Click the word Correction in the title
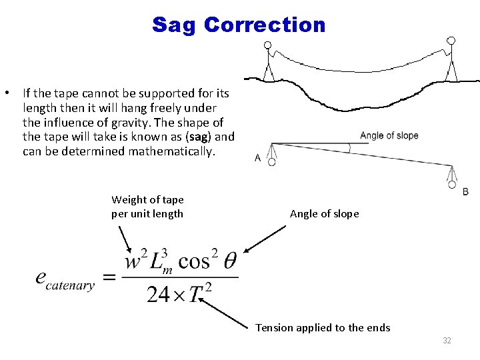click(x=265, y=25)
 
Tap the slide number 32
click(x=447, y=341)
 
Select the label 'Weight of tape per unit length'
click(x=147, y=207)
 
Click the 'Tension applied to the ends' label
click(x=323, y=327)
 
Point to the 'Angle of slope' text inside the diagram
click(x=389, y=136)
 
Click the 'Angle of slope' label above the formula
click(x=324, y=213)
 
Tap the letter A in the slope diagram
click(x=258, y=159)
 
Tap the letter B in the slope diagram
click(x=465, y=192)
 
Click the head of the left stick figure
click(x=268, y=46)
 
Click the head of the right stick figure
click(x=451, y=41)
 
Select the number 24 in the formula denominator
click(x=159, y=294)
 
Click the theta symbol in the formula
click(x=229, y=261)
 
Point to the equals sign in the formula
click(x=110, y=277)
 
